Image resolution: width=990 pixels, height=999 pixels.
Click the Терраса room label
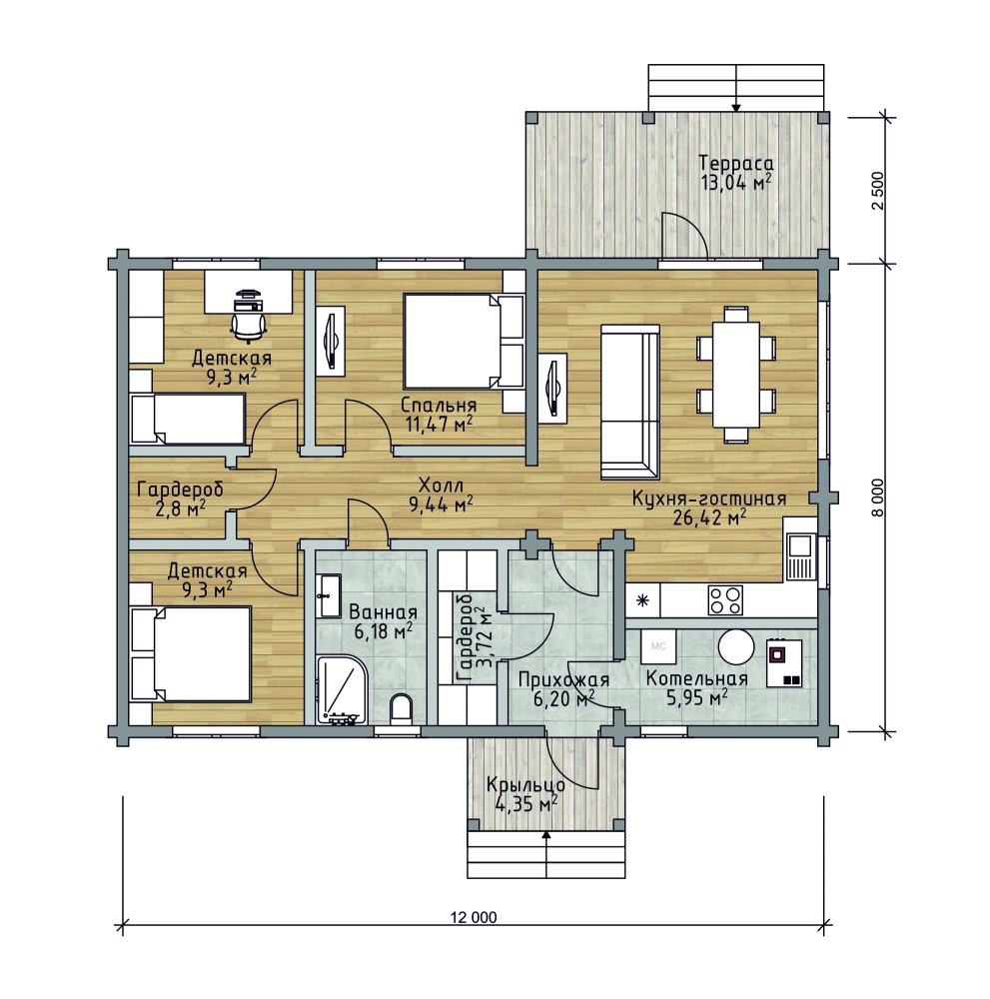pos(736,163)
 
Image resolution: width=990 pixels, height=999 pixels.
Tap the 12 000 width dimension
pos(474,917)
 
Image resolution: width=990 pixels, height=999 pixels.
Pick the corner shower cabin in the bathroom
pos(342,689)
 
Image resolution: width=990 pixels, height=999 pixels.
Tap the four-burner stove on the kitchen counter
pos(725,600)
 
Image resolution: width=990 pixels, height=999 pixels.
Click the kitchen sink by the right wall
pos(799,555)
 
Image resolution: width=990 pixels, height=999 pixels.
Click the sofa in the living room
pos(629,402)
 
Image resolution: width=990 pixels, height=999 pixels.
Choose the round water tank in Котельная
pos(736,646)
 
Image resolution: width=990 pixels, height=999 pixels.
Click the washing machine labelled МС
pos(658,646)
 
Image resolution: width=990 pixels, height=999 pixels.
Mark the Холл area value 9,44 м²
pos(441,505)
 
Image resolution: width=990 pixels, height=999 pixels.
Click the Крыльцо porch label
pos(524,785)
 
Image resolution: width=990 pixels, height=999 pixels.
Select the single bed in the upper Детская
pos(187,418)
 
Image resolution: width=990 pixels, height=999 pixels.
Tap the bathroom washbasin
pos(330,595)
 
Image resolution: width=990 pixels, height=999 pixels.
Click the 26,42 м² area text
pos(709,517)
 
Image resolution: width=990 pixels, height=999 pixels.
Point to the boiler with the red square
pos(783,662)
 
